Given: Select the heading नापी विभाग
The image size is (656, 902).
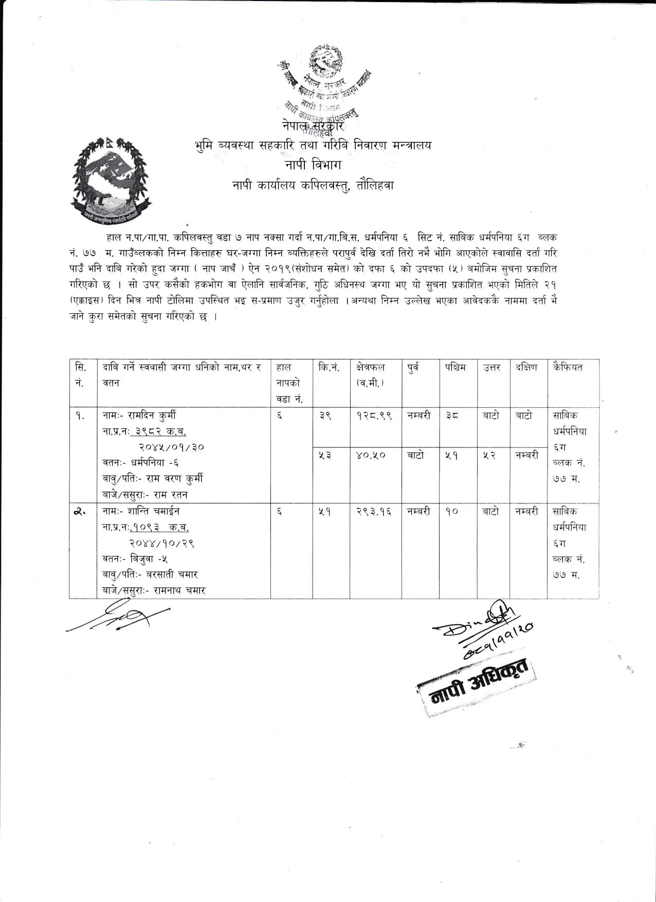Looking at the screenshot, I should pos(312,165).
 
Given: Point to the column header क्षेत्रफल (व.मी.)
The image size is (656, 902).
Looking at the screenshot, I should pos(370,375).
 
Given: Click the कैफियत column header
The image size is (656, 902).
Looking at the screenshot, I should pos(568,367).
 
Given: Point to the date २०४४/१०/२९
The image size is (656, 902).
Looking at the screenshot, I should pos(161,543).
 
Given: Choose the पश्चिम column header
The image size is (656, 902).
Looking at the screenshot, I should pos(455,367).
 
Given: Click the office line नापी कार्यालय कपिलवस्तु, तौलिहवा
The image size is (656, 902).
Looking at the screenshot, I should pos(312,186).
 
